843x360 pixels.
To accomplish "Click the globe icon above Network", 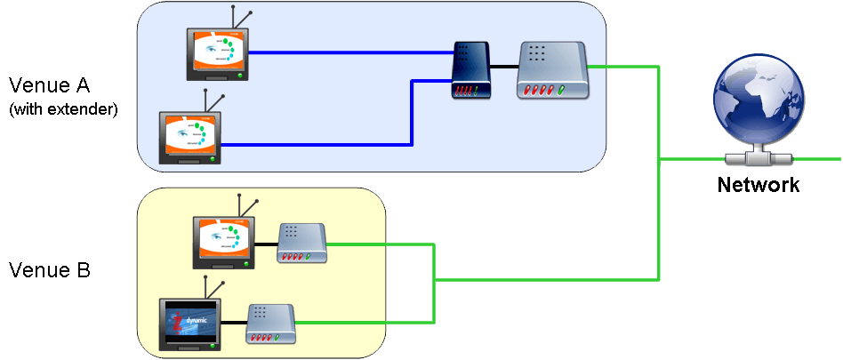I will click(759, 105).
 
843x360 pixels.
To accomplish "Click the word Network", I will click(759, 185).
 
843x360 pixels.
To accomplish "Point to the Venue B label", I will click(49, 269).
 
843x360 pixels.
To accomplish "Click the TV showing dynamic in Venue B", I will click(190, 324).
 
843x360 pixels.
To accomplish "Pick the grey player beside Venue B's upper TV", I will click(303, 243).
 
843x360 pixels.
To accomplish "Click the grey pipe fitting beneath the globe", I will click(759, 159).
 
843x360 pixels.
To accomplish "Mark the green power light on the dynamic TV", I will click(213, 345).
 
